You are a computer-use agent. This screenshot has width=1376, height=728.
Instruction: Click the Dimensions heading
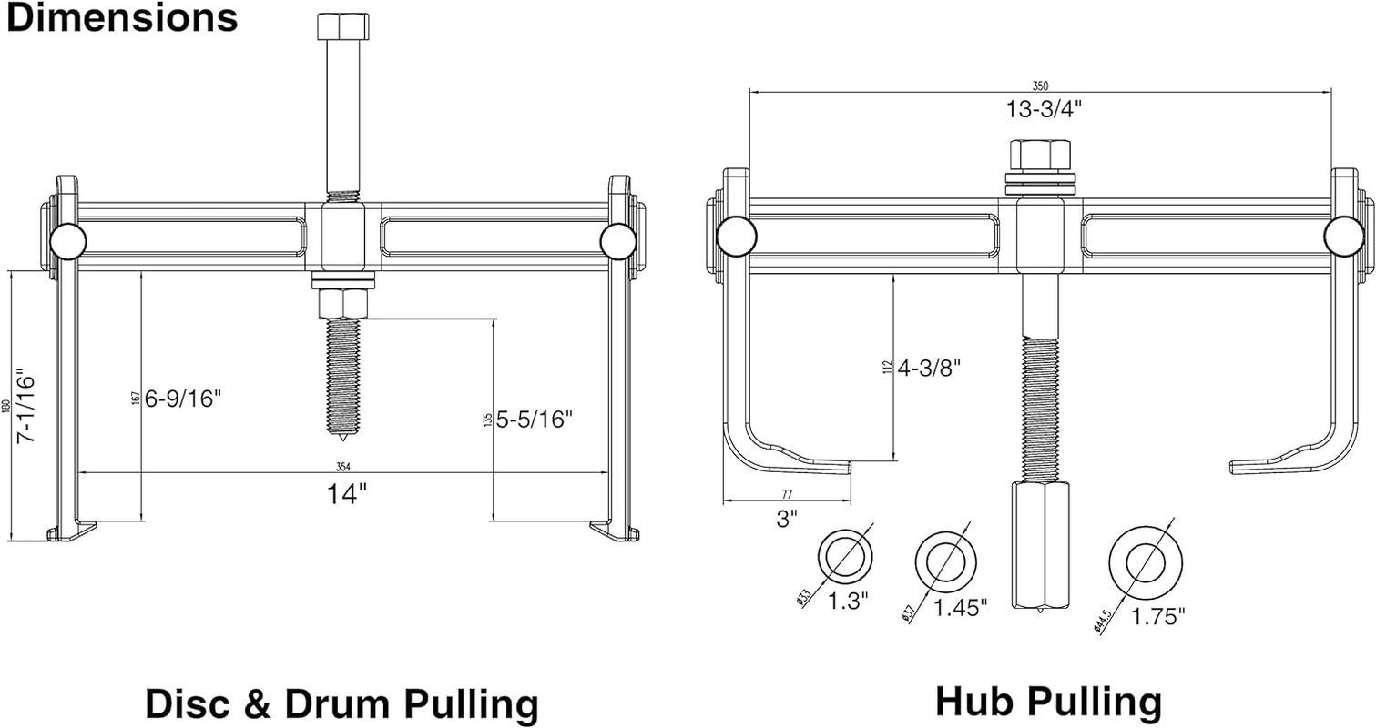[122, 18]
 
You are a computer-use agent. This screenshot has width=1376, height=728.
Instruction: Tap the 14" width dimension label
[347, 494]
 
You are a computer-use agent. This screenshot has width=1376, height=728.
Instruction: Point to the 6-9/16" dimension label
[184, 399]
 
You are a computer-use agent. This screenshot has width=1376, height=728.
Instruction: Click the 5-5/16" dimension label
[535, 419]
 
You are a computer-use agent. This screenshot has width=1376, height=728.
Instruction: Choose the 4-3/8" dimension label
[930, 368]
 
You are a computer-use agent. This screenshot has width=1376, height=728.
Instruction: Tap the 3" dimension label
[788, 519]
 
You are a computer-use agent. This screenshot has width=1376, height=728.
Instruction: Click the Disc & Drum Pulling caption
[341, 704]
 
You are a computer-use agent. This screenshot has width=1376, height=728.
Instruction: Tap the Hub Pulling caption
[1048, 702]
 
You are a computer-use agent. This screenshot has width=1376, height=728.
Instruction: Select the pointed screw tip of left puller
[341, 428]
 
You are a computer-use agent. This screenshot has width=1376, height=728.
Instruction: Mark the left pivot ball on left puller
[68, 241]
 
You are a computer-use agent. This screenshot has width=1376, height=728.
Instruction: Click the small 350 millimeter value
[1039, 86]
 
